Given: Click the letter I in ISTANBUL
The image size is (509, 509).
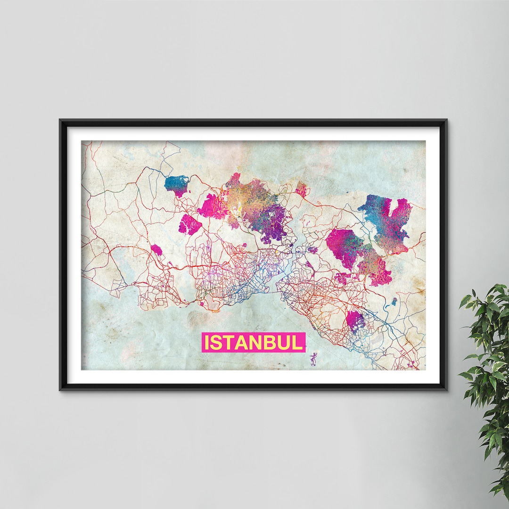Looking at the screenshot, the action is [206, 343].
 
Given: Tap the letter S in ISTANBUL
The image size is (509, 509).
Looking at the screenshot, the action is [216, 343].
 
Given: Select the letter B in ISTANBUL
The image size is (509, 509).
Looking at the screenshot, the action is [266, 343].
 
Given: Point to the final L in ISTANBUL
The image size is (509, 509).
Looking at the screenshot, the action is [297, 343].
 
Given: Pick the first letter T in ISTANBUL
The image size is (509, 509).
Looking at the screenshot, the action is [228, 343].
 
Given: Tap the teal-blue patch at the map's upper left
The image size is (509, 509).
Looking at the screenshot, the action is [177, 185].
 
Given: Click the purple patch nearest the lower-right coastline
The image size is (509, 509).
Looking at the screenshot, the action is [355, 320].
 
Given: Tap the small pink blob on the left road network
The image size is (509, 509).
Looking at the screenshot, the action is [156, 250].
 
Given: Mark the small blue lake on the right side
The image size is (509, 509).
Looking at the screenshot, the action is [394, 300].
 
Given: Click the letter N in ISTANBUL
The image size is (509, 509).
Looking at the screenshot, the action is [253, 343].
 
